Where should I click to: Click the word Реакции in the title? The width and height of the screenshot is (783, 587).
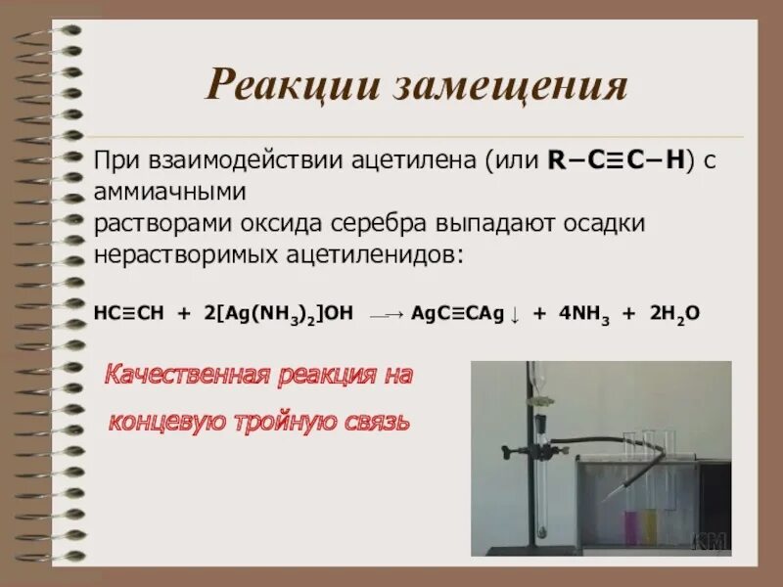[x=291, y=88]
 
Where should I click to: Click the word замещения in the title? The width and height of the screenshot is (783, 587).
[x=509, y=88]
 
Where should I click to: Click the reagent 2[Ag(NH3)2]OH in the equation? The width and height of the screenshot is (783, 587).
[x=276, y=313]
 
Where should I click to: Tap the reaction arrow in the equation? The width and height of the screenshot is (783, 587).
[x=385, y=314]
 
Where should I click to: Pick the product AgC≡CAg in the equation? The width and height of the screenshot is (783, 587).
[x=458, y=313]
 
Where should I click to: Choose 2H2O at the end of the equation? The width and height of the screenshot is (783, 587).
[x=674, y=313]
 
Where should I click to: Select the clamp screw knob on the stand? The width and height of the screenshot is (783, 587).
[x=506, y=452]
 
